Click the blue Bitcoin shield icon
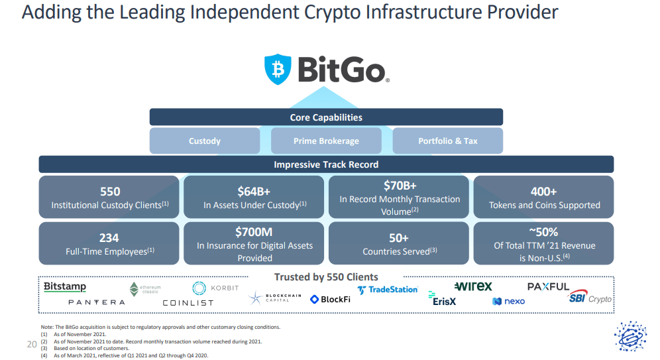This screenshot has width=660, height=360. [x=278, y=69]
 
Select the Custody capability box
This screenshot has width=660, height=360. [x=205, y=141]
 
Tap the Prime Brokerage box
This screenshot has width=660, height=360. [x=326, y=141]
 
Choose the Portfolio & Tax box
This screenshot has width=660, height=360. [x=448, y=141]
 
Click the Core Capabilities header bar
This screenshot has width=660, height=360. [x=326, y=117]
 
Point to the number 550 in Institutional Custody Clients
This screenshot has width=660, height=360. [x=110, y=192]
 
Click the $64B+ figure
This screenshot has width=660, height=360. [x=254, y=192]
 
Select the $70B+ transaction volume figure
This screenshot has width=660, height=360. [x=400, y=186]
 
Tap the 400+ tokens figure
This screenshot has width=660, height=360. [x=543, y=192]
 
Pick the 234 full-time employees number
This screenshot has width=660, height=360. [x=109, y=238]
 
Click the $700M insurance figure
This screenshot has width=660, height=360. [x=254, y=232]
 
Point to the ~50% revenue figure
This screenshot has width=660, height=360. [x=543, y=232]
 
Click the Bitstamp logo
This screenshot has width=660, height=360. [x=65, y=287]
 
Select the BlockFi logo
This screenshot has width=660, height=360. [x=330, y=300]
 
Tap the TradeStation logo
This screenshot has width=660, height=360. [x=387, y=290]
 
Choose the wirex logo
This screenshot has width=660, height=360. [x=473, y=286]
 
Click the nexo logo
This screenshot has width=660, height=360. [x=508, y=301]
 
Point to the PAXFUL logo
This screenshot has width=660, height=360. [x=548, y=286]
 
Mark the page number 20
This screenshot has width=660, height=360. [x=32, y=345]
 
